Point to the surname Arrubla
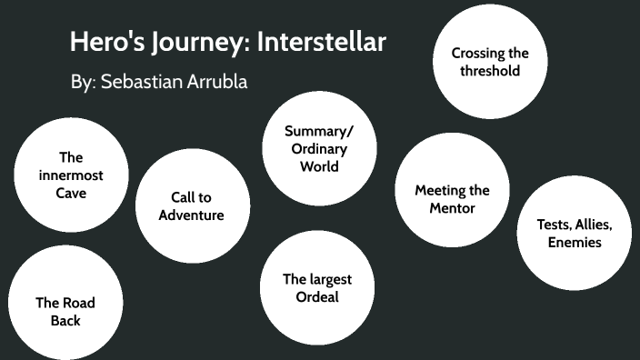click(x=217, y=82)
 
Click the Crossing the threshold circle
click(x=490, y=62)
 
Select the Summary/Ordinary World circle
click(x=319, y=148)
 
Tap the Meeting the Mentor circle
click(x=452, y=199)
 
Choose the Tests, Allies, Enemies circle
click(x=574, y=234)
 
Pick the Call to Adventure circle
click(x=191, y=206)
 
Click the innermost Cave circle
click(x=71, y=175)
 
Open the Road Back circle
click(x=65, y=312)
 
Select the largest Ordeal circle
click(x=317, y=288)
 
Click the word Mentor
click(x=453, y=208)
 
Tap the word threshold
click(x=490, y=71)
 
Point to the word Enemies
click(x=575, y=243)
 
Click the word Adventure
click(x=191, y=215)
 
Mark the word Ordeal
click(x=317, y=297)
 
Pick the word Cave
click(x=71, y=193)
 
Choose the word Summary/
click(x=319, y=130)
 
